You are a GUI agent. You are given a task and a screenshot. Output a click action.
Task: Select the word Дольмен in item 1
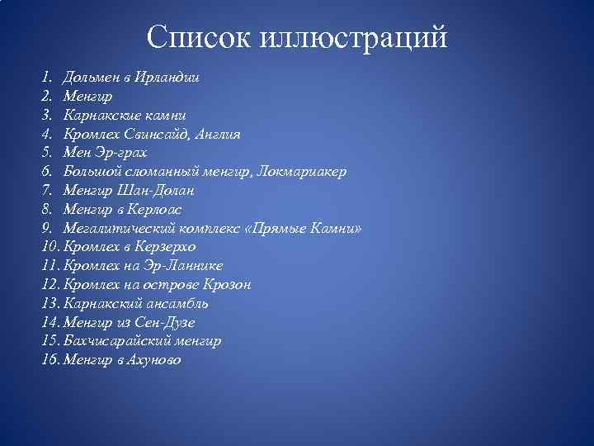(x=92, y=77)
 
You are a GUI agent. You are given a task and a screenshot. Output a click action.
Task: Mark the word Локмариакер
(x=302, y=171)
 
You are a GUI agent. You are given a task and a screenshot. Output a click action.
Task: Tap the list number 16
(x=49, y=360)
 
